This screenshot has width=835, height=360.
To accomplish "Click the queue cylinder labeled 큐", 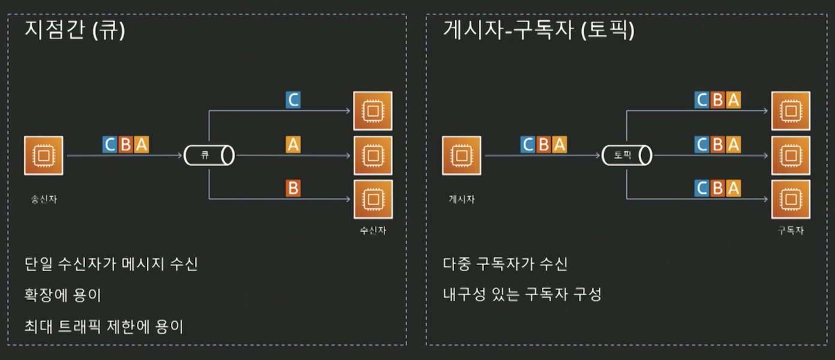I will pos(209,155).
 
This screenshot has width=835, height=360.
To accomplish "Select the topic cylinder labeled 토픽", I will pos(627,155).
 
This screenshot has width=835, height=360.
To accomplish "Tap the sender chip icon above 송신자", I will pos(43,155).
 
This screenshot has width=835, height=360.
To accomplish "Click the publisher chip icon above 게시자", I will pos(461,155).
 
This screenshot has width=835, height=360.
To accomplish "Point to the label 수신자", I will pos(373,230).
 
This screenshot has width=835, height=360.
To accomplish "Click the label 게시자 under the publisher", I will pos(461,199).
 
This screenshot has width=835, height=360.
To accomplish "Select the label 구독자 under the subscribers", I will pos(790,230).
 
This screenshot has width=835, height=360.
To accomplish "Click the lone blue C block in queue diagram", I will pos(293,100).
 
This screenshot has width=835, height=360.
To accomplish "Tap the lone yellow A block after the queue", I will pos(293,145).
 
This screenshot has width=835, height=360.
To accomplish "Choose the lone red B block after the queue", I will pos(293,188).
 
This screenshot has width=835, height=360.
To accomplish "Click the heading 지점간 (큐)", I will pos(75,30).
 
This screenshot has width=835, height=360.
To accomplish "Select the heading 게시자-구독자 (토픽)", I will pos(538,30).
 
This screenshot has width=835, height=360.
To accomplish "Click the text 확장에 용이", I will pos(63,295).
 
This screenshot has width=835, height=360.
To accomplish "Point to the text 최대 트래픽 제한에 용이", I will pos(104,326).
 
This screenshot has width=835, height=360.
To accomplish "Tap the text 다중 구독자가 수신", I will pos(505,263).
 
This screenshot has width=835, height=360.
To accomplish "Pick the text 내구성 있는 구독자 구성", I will pos(522,295).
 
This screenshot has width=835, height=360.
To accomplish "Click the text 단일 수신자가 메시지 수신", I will pos(111,263).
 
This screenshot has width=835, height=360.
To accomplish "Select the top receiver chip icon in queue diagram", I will pos(373,110).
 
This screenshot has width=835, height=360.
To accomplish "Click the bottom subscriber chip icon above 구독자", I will pos(790,199).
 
